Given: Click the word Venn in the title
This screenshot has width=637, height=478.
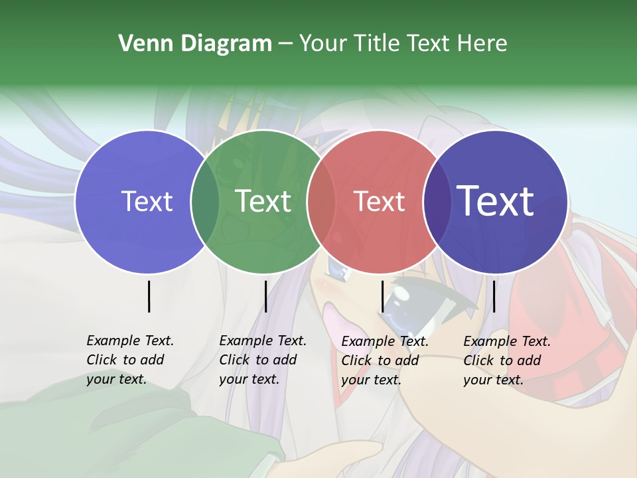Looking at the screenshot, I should tap(140, 44).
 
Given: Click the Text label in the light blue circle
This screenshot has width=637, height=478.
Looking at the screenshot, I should tap(147, 201).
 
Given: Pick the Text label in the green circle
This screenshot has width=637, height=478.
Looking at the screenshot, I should tap(263, 201).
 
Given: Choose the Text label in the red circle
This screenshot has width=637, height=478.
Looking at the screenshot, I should tap(380, 201).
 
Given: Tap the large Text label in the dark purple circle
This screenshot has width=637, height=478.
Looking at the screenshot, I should tap(496, 201).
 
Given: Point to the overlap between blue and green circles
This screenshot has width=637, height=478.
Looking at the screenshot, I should tap(205, 202).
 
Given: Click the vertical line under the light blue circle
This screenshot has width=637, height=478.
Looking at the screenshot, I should tap(149, 296).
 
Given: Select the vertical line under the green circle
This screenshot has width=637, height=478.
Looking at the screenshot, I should tap(265, 296).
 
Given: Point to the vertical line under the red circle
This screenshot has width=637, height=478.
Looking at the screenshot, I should tap(382, 296).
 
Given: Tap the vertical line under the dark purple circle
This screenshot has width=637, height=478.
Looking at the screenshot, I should tap(494, 296).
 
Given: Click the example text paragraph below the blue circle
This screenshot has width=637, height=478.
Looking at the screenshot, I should tap(129, 360).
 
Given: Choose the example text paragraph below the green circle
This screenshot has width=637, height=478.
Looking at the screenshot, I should tap(262, 360).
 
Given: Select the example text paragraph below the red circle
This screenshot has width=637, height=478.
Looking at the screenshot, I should tap(384, 360).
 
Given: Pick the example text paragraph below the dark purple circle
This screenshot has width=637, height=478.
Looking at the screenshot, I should tap(506, 360).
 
